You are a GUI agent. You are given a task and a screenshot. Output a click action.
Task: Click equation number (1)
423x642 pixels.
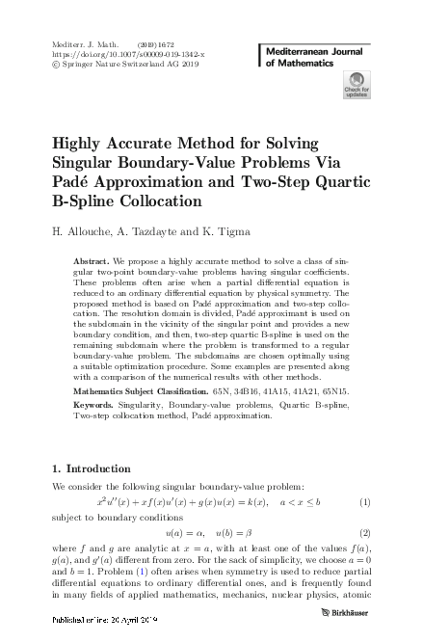(365, 503)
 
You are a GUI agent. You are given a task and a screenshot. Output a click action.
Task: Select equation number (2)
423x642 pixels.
(365, 533)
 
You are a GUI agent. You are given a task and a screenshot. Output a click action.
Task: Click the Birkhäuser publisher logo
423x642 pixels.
(347, 625)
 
